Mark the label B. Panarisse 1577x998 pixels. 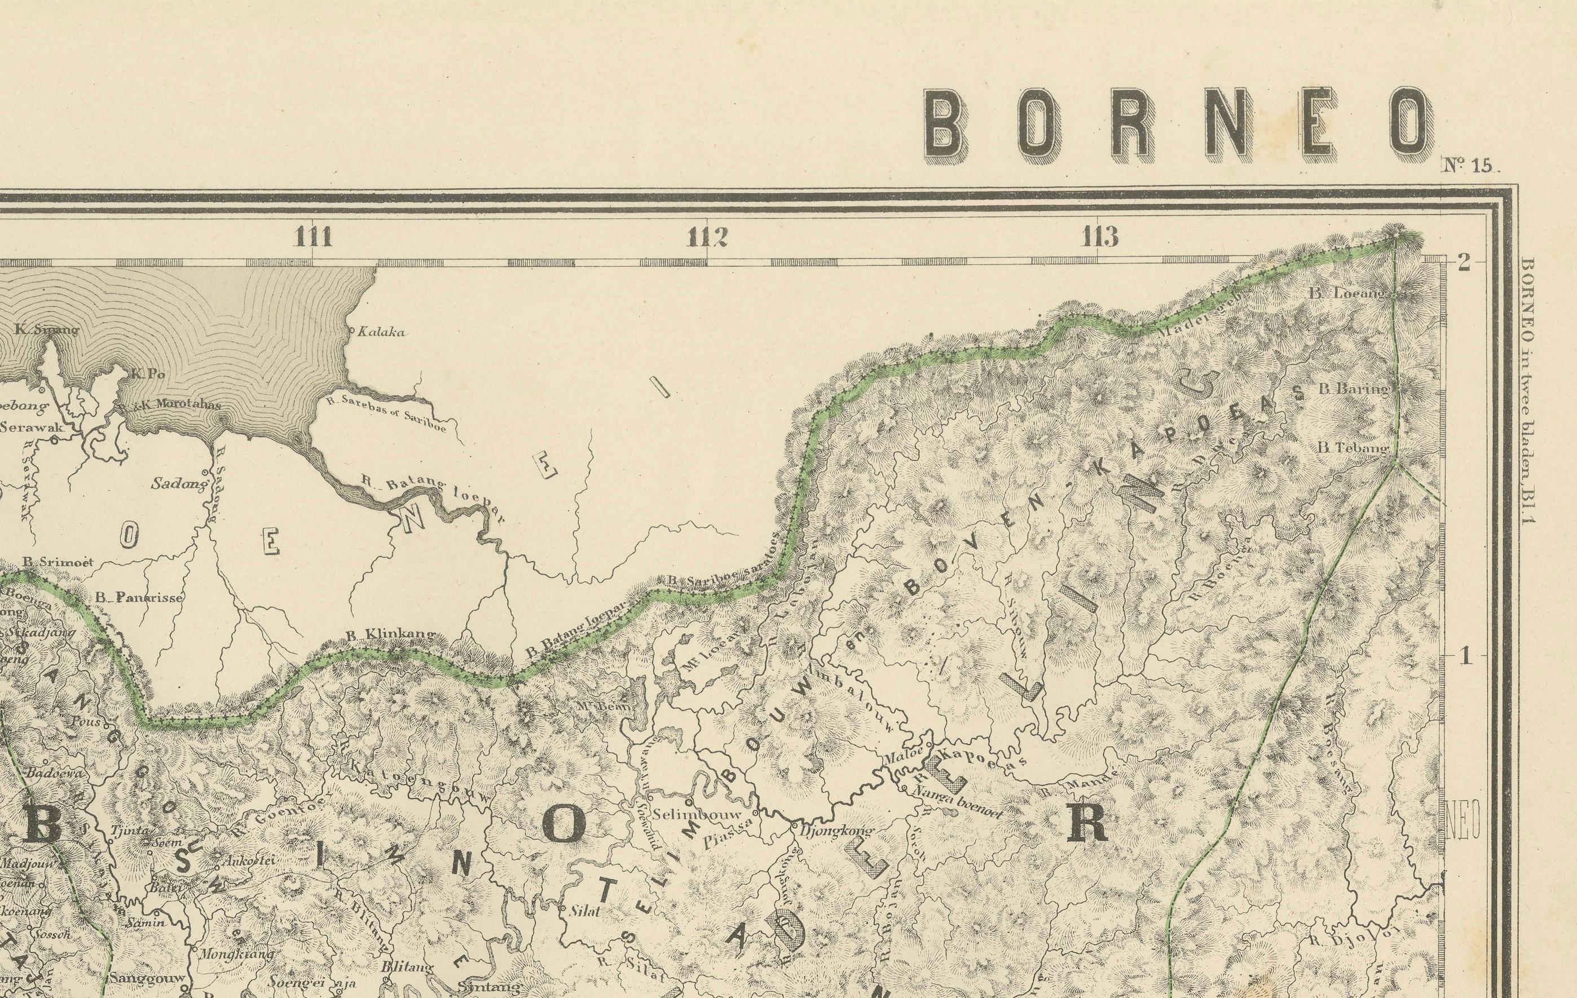138,597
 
